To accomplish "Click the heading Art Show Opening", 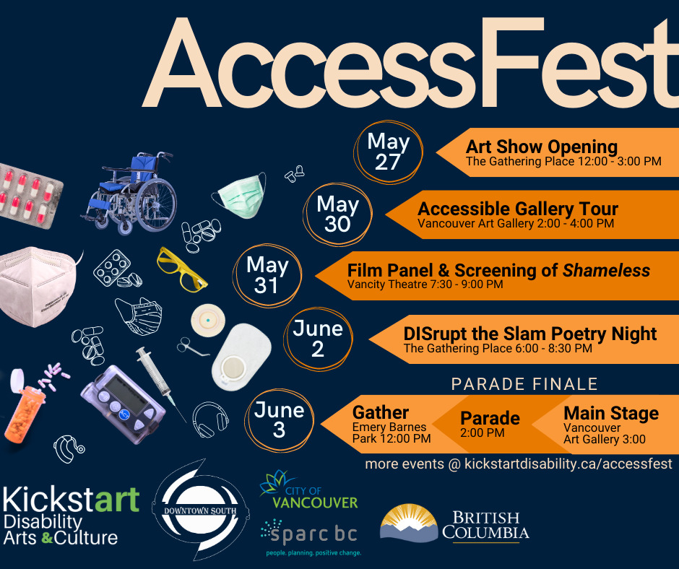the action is click(542, 147).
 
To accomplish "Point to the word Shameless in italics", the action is click(606, 271).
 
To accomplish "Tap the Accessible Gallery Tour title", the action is click(517, 209).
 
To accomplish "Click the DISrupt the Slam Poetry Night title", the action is click(530, 334).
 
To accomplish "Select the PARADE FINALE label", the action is click(524, 384).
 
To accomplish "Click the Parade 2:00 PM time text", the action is click(483, 433).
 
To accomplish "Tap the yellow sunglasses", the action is click(181, 269).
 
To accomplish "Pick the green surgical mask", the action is click(240, 195).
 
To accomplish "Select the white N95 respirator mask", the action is click(39, 286).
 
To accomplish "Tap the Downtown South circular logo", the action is click(200, 510).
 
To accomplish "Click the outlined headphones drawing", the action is click(210, 420).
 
